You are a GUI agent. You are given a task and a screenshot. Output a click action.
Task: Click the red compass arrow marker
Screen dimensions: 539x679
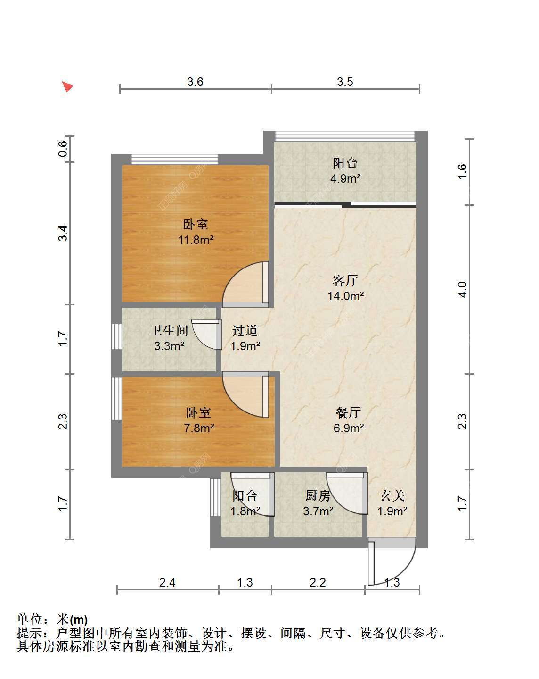click(67, 86)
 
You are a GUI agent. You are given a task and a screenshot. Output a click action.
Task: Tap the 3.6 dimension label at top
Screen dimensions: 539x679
click(195, 82)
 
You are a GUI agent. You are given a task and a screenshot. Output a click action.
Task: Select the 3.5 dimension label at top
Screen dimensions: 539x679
click(345, 82)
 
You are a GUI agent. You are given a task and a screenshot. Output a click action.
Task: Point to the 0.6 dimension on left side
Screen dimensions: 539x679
click(63, 149)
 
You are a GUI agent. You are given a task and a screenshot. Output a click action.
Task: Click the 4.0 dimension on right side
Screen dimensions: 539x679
click(462, 289)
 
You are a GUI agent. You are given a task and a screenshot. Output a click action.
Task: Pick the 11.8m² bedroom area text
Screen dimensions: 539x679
click(196, 240)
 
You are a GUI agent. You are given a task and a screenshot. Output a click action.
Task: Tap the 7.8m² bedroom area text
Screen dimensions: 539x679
click(199, 428)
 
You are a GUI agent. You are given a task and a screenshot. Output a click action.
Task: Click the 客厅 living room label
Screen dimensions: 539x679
click(345, 280)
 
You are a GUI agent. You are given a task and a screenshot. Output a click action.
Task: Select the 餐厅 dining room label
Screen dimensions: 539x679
click(348, 412)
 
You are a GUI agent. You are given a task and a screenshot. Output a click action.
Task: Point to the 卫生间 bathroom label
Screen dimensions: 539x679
click(169, 330)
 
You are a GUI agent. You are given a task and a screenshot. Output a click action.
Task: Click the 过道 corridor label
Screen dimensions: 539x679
click(245, 330)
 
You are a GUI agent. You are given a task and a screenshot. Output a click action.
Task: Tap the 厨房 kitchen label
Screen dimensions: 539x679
click(318, 495)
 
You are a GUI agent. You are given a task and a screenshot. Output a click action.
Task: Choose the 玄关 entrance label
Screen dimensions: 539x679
click(392, 495)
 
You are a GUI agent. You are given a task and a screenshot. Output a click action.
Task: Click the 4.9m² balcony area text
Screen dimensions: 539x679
click(345, 178)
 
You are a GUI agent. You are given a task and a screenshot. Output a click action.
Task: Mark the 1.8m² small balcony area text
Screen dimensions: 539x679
click(245, 511)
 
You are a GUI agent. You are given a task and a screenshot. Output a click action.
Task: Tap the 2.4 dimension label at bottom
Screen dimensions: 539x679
click(167, 582)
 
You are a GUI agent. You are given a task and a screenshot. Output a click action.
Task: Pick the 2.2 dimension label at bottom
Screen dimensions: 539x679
click(318, 582)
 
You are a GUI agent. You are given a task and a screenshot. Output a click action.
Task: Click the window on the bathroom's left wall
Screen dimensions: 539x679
click(116, 336)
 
